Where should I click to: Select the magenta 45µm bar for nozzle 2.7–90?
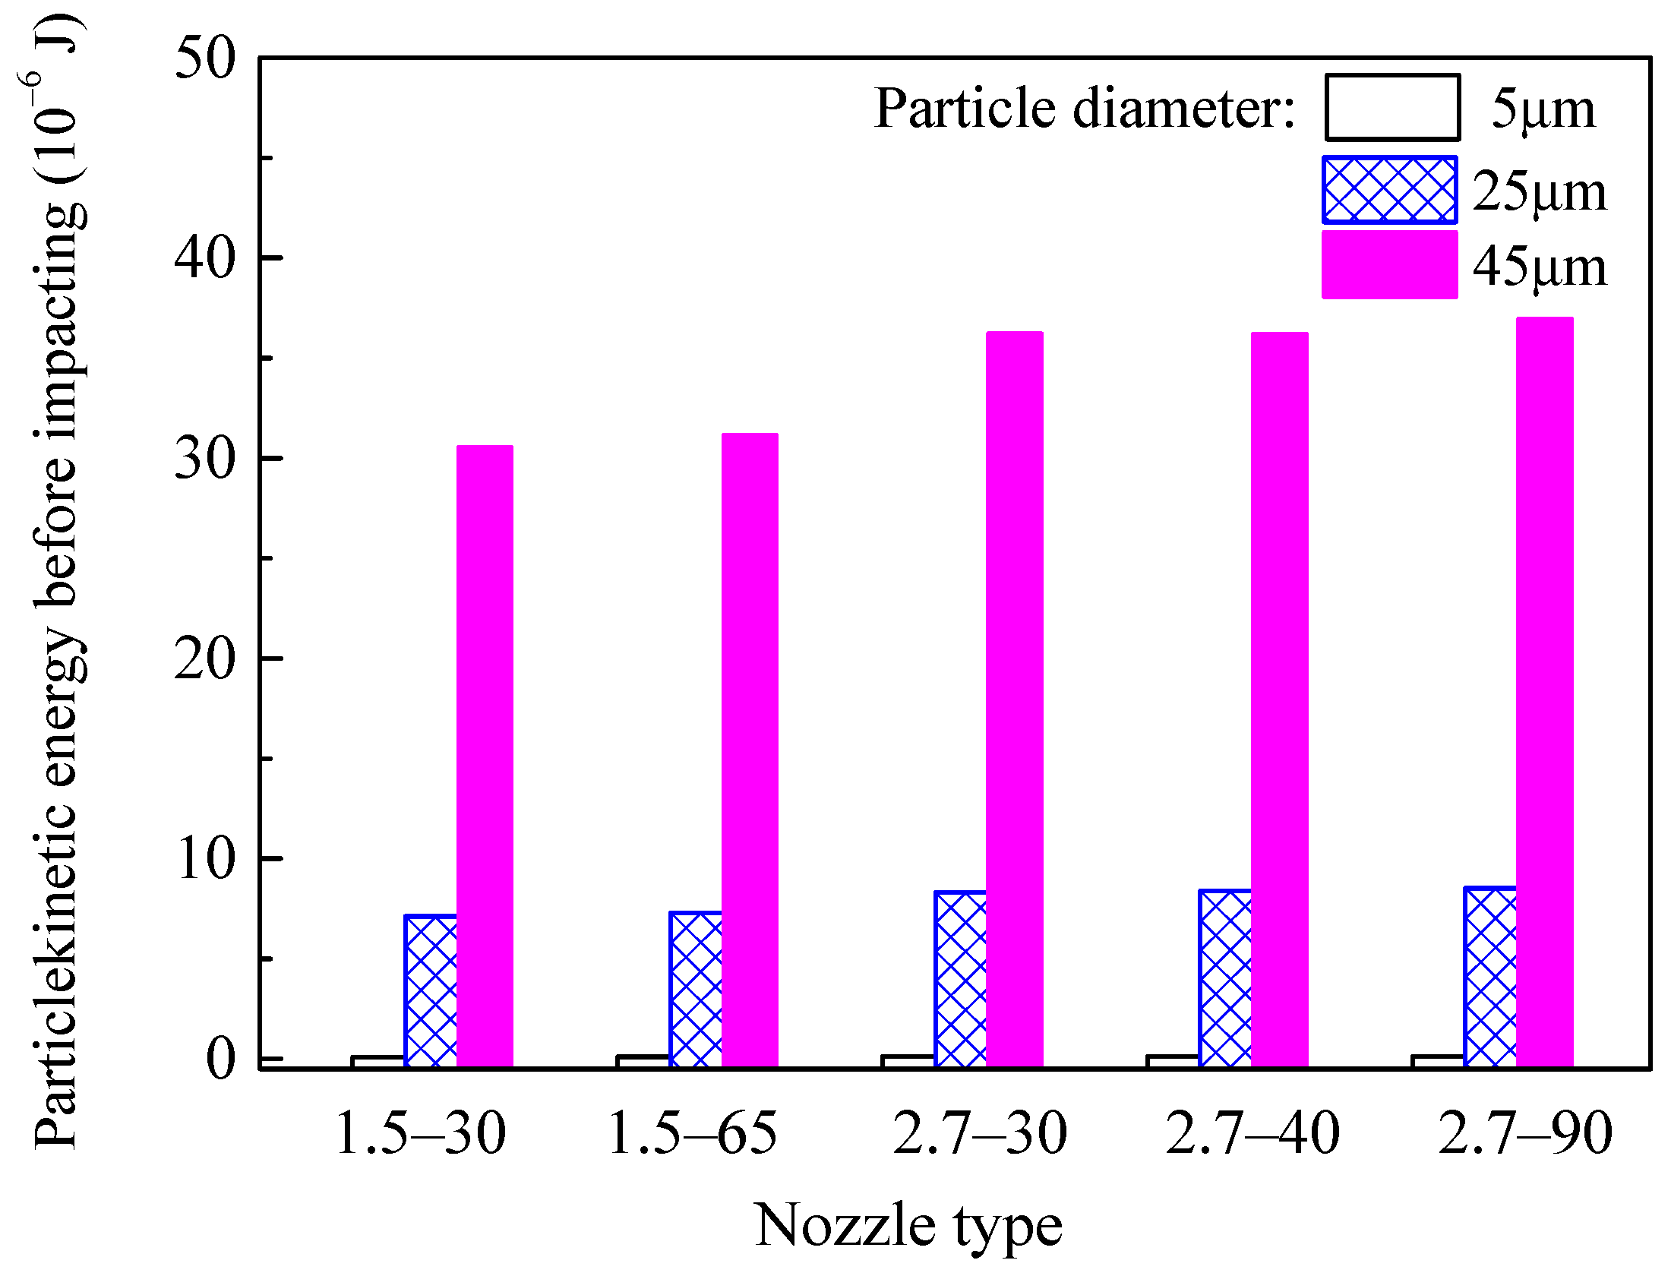coord(1544,691)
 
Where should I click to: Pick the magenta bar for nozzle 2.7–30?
coord(1014,699)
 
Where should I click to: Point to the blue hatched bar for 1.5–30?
coord(431,991)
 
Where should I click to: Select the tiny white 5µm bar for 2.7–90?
coord(1438,1061)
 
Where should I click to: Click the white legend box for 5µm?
coord(1392,108)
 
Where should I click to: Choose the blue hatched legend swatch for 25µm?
coord(1389,190)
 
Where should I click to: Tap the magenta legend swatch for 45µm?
coord(1389,265)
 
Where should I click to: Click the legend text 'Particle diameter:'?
coord(1084,109)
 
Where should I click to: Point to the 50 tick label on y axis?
coord(205,58)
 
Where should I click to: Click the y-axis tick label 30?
coord(205,459)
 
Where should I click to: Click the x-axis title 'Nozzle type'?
coord(908,1225)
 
